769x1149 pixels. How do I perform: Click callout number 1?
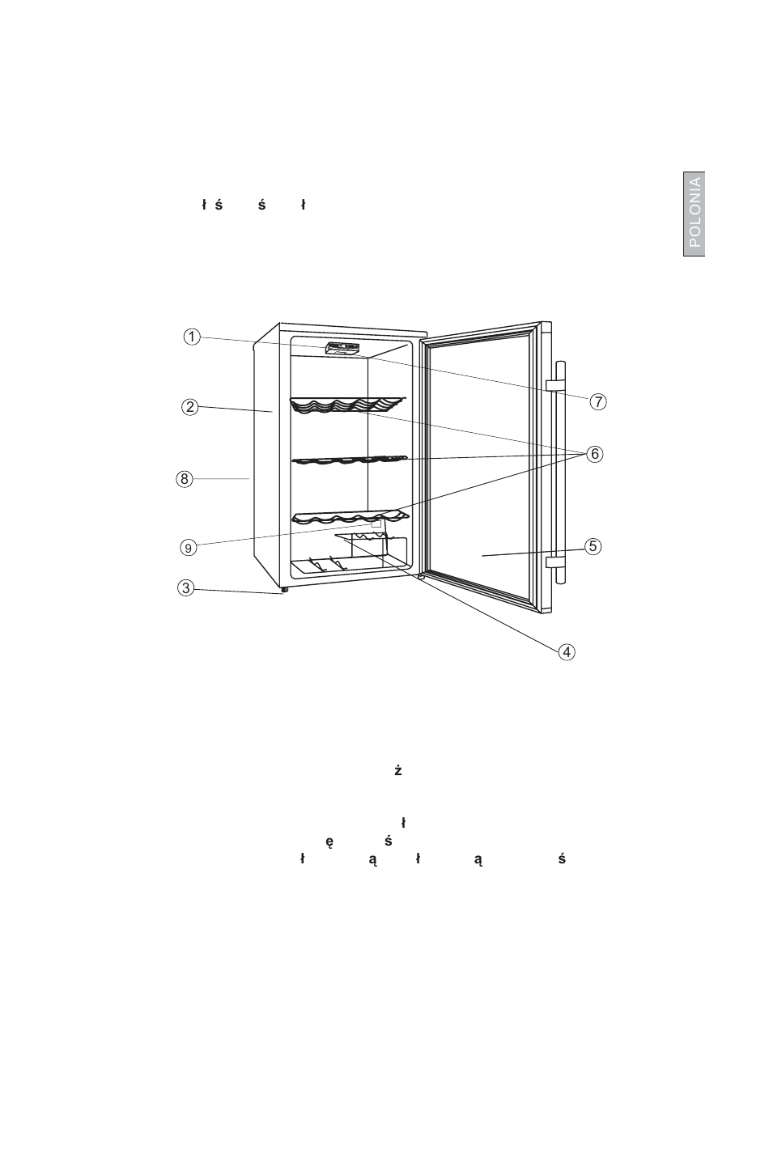190,337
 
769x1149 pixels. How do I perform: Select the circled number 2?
189,407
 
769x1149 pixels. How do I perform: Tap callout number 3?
186,588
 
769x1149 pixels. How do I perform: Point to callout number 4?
567,651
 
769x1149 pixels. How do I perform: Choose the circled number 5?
593,546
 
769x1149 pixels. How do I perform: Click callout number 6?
594,454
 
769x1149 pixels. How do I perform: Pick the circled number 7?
597,401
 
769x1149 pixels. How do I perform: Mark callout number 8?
185,479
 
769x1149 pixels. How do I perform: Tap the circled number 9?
188,548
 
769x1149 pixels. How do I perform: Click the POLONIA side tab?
694,214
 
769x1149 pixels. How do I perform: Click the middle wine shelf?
348,460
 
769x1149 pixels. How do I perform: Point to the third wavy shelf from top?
348,516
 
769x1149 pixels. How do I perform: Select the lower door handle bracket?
555,562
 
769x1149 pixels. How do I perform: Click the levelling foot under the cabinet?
284,591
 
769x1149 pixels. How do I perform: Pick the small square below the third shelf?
376,524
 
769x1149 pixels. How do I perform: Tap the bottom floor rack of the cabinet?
340,567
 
